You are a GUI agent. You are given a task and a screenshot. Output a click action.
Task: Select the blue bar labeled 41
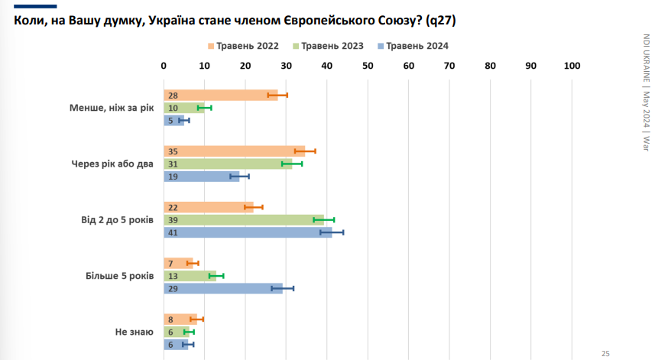[x=248, y=232]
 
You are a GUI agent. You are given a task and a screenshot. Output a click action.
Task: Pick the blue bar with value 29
[x=223, y=288]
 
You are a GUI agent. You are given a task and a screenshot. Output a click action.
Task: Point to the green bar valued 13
[x=190, y=275]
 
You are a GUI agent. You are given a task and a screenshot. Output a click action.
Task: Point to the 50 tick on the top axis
[x=368, y=66]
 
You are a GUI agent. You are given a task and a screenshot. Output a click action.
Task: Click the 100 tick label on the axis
[x=572, y=66]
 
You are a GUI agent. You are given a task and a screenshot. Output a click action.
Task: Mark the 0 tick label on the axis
[x=164, y=66]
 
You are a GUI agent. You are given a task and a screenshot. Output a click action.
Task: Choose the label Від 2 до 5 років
[x=117, y=220]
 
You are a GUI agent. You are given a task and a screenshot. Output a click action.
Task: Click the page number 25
[x=605, y=353]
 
